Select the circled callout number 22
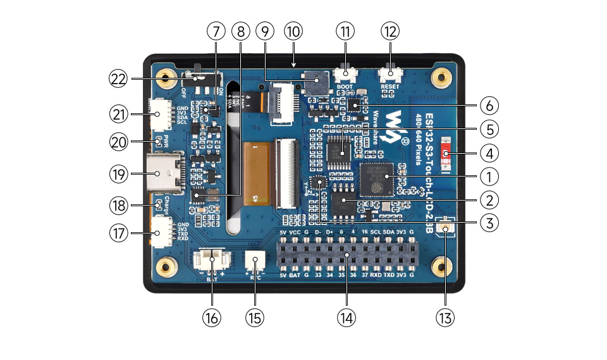click(118, 79)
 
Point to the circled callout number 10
click(293, 32)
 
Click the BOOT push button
click(345, 75)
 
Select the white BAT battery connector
click(211, 260)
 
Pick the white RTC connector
click(255, 261)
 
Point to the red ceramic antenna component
click(447, 153)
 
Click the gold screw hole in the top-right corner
click(441, 78)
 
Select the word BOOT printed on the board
click(345, 87)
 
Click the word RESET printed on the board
click(389, 87)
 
